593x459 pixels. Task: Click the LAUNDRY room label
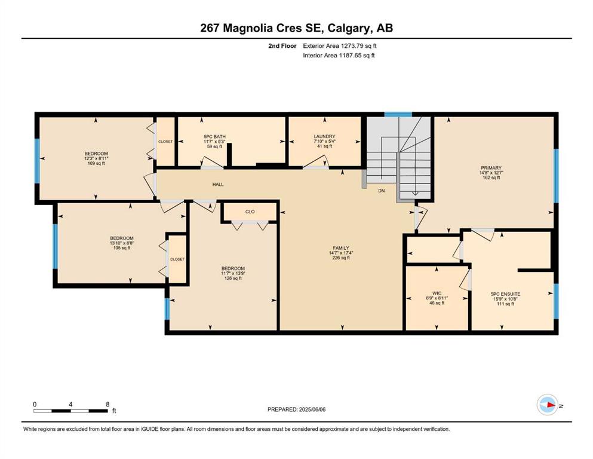tap(324, 136)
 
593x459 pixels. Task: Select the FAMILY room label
tap(341, 248)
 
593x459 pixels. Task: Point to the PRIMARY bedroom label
tap(491, 168)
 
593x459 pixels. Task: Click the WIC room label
tap(437, 293)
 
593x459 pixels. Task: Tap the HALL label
tap(218, 184)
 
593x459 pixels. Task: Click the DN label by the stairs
tap(381, 191)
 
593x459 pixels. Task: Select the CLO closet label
tap(250, 212)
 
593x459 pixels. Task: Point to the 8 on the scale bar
tap(107, 404)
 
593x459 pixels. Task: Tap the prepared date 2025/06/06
tap(312, 409)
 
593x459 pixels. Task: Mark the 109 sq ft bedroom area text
tap(96, 164)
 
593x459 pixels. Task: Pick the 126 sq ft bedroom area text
tap(233, 278)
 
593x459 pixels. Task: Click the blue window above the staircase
tap(398, 114)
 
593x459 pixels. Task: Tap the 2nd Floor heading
tap(282, 46)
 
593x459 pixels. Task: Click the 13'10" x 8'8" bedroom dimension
tap(122, 243)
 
